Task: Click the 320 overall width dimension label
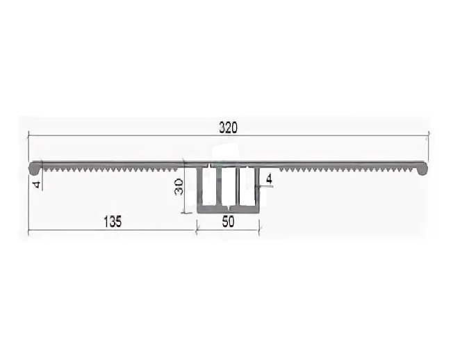point(228,127)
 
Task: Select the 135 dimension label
point(113,222)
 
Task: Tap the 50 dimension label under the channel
point(228,222)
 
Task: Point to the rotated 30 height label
point(179,187)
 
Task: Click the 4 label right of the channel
point(269,179)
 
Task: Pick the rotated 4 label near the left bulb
point(37,184)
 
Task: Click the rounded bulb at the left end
point(35,169)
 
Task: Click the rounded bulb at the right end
point(422,169)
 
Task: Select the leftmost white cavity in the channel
point(209,186)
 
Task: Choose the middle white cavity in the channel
point(229,187)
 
